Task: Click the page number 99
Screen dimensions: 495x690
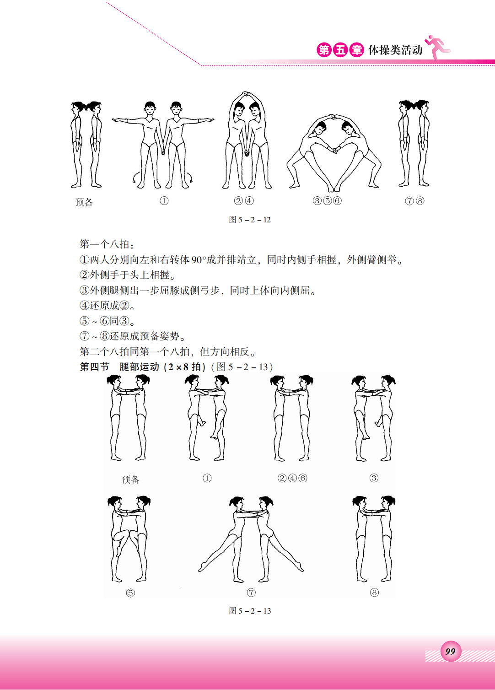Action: point(450,651)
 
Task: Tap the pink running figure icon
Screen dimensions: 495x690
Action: point(437,47)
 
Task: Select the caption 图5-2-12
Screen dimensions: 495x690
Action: point(249,220)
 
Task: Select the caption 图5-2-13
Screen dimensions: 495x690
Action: point(249,611)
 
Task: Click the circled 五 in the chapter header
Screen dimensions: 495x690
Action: point(340,50)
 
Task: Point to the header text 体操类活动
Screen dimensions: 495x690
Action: point(395,50)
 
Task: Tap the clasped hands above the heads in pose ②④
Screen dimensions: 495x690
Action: point(245,93)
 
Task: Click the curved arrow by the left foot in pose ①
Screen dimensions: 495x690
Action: point(135,178)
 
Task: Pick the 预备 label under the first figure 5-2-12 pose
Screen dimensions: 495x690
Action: point(84,202)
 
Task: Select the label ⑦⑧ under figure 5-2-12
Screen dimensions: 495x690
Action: point(414,201)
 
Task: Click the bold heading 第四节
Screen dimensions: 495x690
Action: point(95,367)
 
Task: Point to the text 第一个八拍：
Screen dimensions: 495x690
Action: point(107,244)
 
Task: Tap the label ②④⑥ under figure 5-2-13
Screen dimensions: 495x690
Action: point(292,478)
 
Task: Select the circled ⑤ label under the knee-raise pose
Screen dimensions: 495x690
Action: point(130,593)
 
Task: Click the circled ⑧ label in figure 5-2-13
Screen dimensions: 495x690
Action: point(374,593)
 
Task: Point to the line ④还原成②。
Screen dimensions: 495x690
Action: point(108,306)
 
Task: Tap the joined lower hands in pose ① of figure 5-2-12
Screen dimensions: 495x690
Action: point(163,151)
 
